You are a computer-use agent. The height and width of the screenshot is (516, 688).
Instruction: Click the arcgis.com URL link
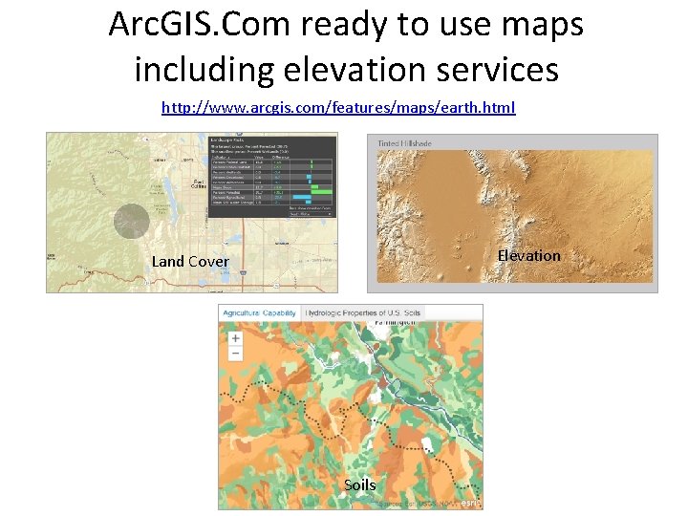click(x=338, y=107)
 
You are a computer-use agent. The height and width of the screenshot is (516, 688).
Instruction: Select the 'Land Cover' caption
click(x=190, y=261)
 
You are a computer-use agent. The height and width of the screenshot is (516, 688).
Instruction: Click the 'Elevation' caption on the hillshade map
click(x=528, y=255)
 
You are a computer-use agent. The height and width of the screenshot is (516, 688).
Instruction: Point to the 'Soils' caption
click(x=359, y=484)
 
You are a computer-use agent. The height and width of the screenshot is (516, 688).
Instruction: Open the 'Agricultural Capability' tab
click(x=259, y=312)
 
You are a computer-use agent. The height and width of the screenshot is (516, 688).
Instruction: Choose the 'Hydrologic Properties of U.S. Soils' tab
click(x=362, y=312)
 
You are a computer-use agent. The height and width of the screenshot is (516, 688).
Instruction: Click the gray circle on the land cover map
click(x=132, y=221)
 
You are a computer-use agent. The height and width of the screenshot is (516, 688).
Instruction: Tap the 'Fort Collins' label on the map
click(x=198, y=183)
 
